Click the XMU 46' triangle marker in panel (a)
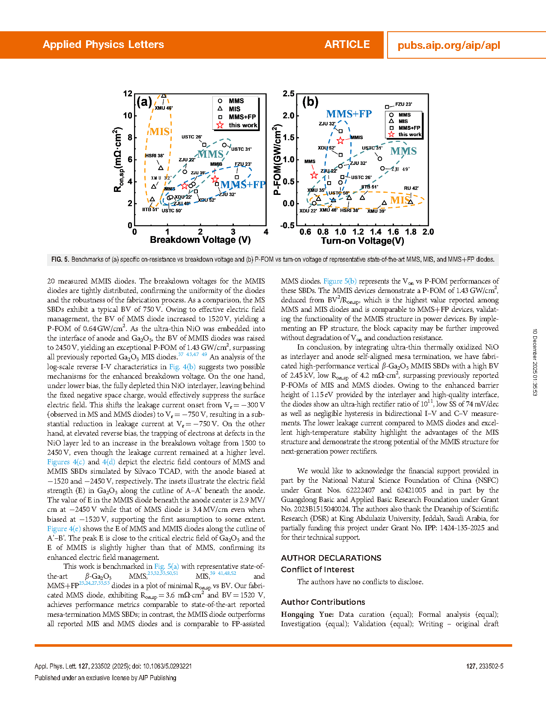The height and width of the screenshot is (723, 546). pos(164,96)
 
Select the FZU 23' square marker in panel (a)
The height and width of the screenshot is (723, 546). pos(237,177)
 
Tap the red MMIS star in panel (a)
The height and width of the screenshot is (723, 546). pos(215,179)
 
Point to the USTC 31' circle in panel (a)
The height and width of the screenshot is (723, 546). pos(224,145)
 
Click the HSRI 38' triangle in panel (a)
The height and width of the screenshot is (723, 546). pos(161,168)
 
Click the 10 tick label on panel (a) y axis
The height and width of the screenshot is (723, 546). pos(128,116)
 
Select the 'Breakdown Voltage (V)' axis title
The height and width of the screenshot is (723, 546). pos(200,240)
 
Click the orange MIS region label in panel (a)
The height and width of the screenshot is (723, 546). pos(160,132)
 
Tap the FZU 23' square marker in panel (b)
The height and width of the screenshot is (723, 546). pos(387,107)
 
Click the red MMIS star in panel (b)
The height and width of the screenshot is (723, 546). pos(340,140)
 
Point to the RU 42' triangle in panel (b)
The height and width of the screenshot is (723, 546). pos(411,202)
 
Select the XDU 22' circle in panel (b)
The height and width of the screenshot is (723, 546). pos(314,203)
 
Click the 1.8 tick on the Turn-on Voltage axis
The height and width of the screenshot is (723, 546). pos(411,232)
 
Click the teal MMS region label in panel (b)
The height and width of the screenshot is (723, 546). pos(403,151)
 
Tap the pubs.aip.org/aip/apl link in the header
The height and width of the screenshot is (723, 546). pos(449,45)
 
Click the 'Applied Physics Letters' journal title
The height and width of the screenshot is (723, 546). pos(103,45)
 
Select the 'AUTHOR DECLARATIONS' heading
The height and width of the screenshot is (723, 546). pos(331,558)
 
